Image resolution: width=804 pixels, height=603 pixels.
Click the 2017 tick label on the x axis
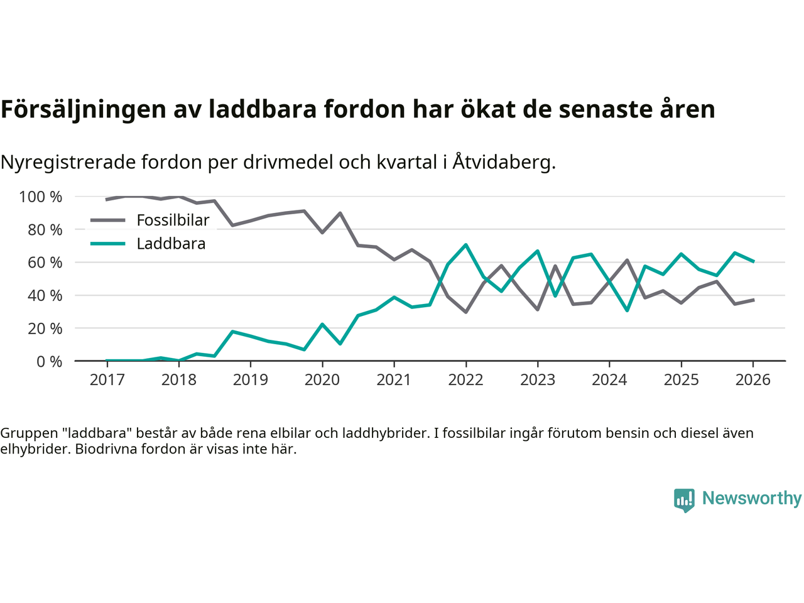(x=107, y=379)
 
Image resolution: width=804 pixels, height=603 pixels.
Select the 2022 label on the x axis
(x=465, y=379)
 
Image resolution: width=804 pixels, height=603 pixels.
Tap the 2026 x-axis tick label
(x=752, y=379)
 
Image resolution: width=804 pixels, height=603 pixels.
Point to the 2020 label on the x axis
(x=322, y=379)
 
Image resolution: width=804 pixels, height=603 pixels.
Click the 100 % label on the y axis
(x=41, y=197)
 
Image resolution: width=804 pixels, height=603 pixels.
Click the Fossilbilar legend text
(x=173, y=220)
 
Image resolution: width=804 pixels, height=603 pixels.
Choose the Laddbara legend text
(x=171, y=244)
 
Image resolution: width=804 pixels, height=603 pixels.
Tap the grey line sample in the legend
(x=108, y=220)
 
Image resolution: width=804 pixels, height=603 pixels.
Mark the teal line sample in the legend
(x=108, y=244)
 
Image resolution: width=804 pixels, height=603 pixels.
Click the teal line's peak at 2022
(x=465, y=245)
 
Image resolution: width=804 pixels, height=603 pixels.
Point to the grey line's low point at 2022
(x=465, y=312)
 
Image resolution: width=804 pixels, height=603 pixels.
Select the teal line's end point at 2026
(x=753, y=261)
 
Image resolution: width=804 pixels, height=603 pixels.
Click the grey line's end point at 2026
(x=753, y=300)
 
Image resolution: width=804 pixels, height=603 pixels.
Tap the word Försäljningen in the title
(x=76, y=109)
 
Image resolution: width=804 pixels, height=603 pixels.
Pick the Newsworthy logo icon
(x=684, y=500)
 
